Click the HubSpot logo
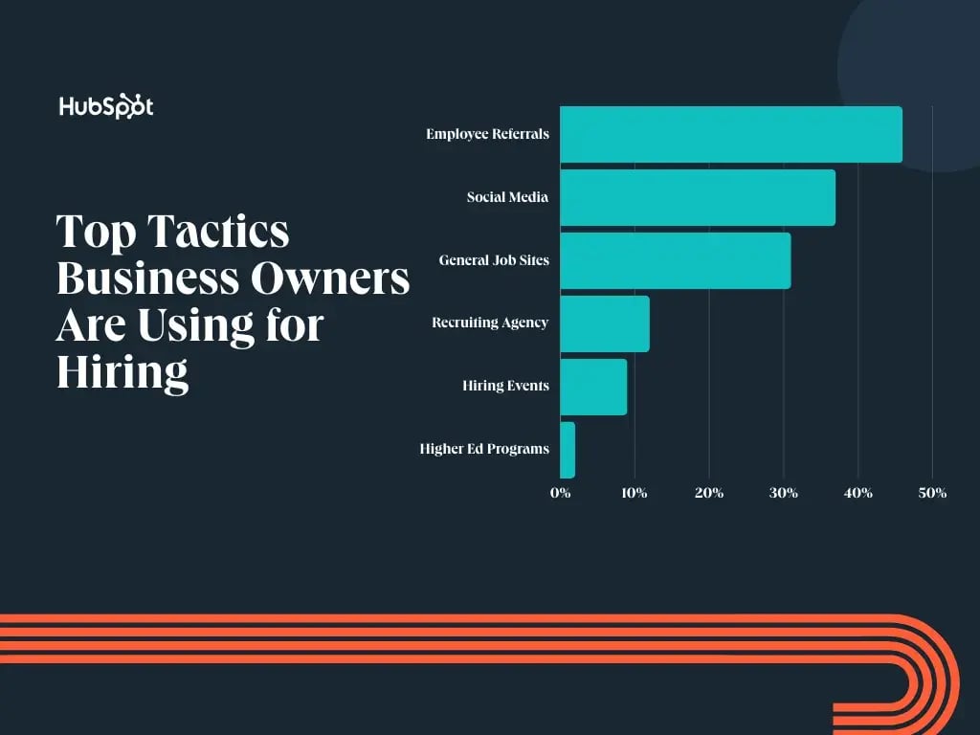point(105,106)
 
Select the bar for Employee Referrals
point(730,134)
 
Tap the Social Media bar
point(697,197)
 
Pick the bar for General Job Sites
point(675,260)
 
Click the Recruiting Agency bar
point(605,323)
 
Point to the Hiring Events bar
point(593,387)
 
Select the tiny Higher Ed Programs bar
point(568,450)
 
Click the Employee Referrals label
point(488,134)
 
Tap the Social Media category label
point(507,197)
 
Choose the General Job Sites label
point(494,260)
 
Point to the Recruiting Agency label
point(490,323)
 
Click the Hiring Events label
point(505,387)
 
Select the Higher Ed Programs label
point(484,449)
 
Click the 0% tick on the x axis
point(561,494)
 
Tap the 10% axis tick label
point(635,494)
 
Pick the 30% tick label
point(784,494)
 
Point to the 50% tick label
point(932,494)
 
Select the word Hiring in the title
point(122,371)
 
